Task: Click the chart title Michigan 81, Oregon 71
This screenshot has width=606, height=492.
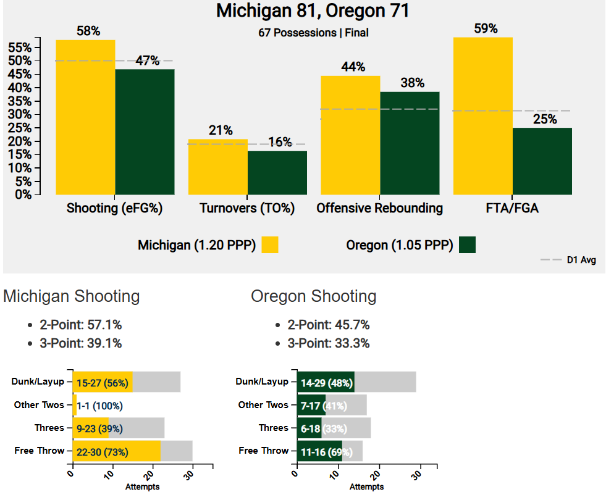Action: click(313, 12)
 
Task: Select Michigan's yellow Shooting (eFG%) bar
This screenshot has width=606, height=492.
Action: click(85, 117)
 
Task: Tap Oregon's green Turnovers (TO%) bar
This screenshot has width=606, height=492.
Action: click(277, 173)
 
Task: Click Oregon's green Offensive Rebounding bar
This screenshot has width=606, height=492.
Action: click(410, 143)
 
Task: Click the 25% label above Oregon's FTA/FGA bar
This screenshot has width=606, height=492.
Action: click(544, 119)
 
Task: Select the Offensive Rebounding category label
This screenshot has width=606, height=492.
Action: click(379, 208)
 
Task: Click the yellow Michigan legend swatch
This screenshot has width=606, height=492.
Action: click(270, 244)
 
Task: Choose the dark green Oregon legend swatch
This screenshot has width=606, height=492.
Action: click(468, 244)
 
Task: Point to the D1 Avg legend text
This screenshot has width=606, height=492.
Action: click(581, 261)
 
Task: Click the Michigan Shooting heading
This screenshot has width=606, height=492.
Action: click(72, 296)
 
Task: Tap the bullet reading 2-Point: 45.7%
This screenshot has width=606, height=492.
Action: click(328, 325)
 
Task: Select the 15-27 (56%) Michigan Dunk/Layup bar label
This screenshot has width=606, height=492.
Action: click(102, 383)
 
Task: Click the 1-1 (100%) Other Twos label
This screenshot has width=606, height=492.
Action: click(99, 406)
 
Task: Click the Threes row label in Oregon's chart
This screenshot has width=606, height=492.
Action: click(273, 428)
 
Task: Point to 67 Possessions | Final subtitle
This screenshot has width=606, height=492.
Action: click(313, 33)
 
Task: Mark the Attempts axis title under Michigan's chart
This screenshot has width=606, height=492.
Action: click(142, 486)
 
